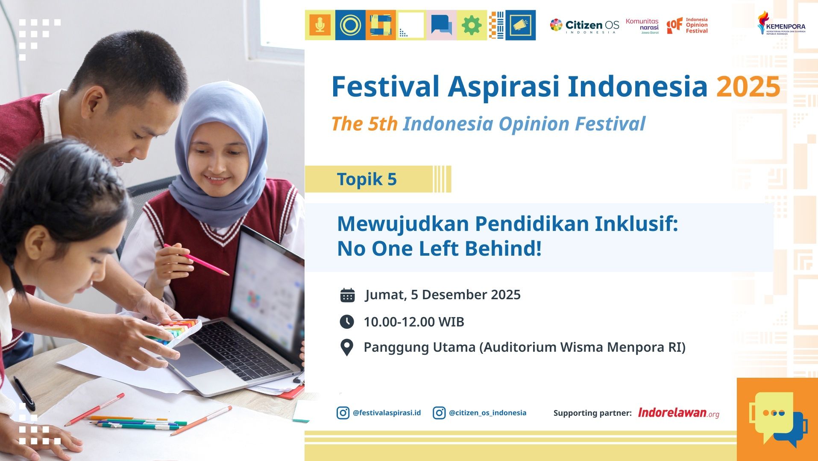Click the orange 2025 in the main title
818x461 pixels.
[748, 87]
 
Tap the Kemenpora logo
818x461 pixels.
[781, 23]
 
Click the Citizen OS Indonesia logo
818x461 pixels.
[584, 26]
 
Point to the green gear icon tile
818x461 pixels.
[472, 26]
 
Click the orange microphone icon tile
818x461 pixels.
[320, 25]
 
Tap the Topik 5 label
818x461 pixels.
[367, 179]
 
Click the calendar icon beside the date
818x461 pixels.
[347, 295]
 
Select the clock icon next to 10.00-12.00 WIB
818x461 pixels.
[346, 322]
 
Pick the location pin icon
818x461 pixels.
[346, 347]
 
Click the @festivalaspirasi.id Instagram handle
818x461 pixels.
[387, 413]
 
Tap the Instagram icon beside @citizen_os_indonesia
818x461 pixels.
[439, 413]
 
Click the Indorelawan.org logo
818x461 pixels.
[678, 413]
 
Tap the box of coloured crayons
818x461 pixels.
[175, 331]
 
